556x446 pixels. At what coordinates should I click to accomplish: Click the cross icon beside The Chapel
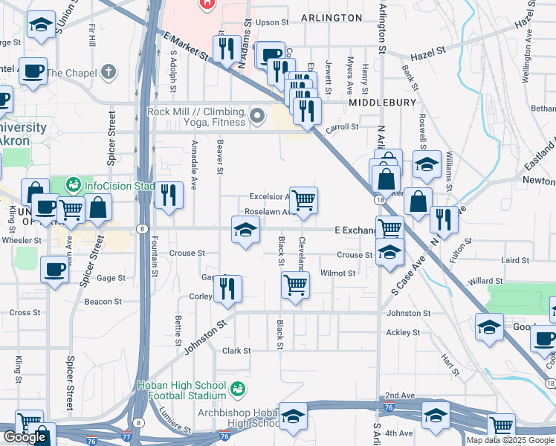click(109, 72)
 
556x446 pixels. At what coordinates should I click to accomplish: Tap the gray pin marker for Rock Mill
click(258, 116)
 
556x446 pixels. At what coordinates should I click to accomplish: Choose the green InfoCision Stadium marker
click(73, 184)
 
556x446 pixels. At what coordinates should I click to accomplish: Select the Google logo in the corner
click(25, 437)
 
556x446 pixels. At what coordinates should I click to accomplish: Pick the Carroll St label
click(344, 127)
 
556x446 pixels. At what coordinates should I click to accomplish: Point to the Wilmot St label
click(338, 274)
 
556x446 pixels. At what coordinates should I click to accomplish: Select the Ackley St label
click(404, 332)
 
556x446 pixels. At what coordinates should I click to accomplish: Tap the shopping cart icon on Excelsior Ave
click(303, 200)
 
